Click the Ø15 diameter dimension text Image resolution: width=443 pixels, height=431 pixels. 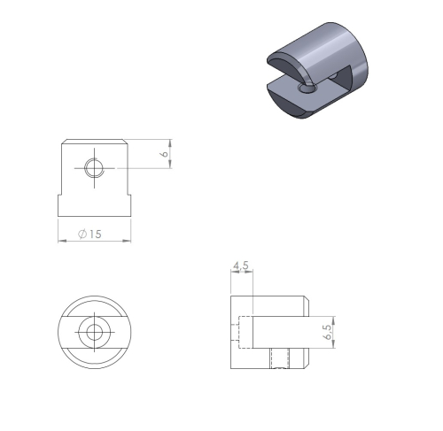[x=89, y=234]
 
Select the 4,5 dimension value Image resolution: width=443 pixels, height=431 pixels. [x=241, y=266]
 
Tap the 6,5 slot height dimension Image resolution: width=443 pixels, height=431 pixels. [x=328, y=332]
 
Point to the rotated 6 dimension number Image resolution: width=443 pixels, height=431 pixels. [x=164, y=154]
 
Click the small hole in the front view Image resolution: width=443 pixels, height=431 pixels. [x=94, y=168]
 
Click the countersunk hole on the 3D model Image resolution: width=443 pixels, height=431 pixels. [x=307, y=88]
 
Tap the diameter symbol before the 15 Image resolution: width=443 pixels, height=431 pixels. [x=82, y=234]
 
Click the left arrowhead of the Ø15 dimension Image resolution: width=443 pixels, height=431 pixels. [x=61, y=241]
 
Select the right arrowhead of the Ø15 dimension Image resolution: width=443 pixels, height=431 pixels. [x=127, y=241]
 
